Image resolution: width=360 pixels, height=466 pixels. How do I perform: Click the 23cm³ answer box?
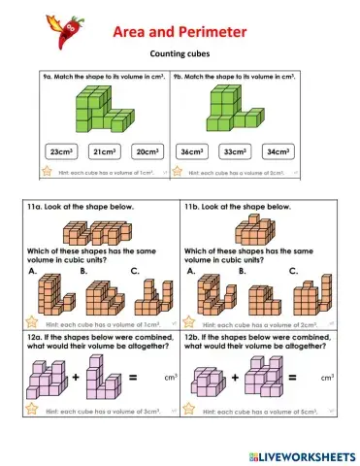click(x=61, y=151)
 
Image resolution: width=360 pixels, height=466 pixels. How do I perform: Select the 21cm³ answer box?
click(x=104, y=151)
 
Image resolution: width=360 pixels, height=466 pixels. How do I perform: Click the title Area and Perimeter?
click(x=180, y=32)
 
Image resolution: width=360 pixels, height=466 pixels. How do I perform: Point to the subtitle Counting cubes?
click(x=180, y=55)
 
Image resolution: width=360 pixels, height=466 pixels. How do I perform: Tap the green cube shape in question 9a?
click(x=104, y=109)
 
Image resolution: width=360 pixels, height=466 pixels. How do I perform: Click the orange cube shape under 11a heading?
click(x=96, y=233)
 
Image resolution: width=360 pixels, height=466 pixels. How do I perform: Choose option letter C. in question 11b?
click(x=293, y=272)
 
